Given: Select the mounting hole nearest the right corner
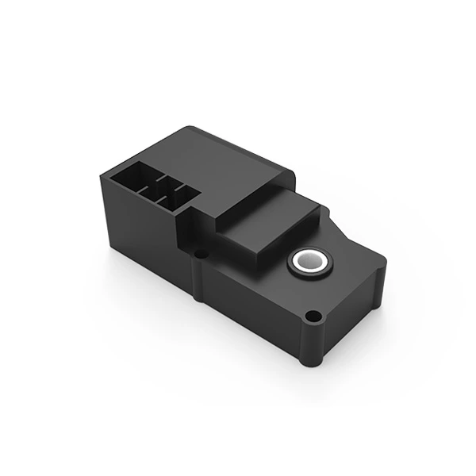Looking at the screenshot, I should pos(314,317).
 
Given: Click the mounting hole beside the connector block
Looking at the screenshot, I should pos(202,254).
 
